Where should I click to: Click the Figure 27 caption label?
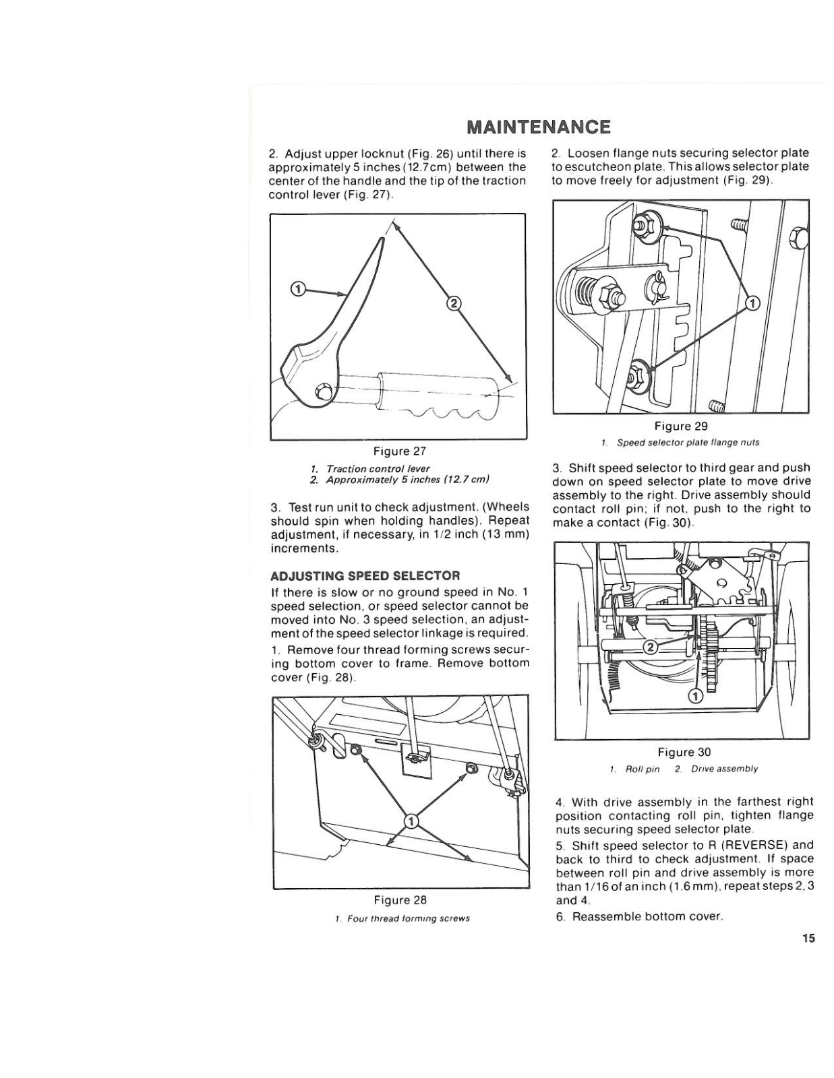pos(400,451)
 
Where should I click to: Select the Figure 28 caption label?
pos(400,900)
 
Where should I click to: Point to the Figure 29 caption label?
pos(681,426)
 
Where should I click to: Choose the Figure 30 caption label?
pos(684,752)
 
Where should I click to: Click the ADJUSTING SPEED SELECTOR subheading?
pos(365,576)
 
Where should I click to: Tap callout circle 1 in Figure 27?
pos(297,289)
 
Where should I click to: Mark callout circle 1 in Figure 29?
pos(752,303)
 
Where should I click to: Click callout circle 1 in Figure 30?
pos(696,695)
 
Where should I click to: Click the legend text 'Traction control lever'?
pos(378,468)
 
